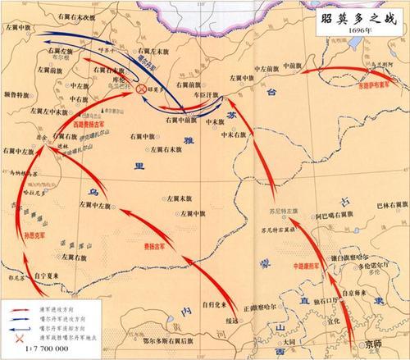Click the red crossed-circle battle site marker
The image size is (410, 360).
click(142, 88)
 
